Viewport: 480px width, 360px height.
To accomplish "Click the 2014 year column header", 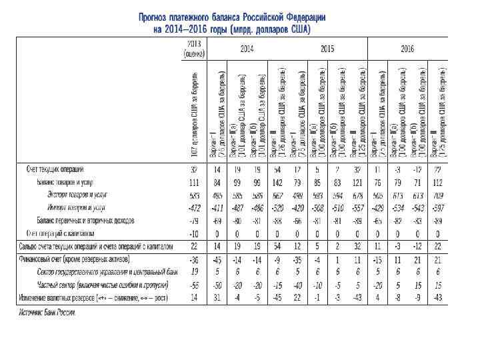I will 247,49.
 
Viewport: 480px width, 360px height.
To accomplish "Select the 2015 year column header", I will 327,49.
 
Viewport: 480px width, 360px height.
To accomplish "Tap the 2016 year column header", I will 408,49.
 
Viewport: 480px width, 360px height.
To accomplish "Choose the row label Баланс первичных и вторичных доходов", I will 82,220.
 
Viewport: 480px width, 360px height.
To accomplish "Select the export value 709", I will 437,195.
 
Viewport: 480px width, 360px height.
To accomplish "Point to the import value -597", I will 437,208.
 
